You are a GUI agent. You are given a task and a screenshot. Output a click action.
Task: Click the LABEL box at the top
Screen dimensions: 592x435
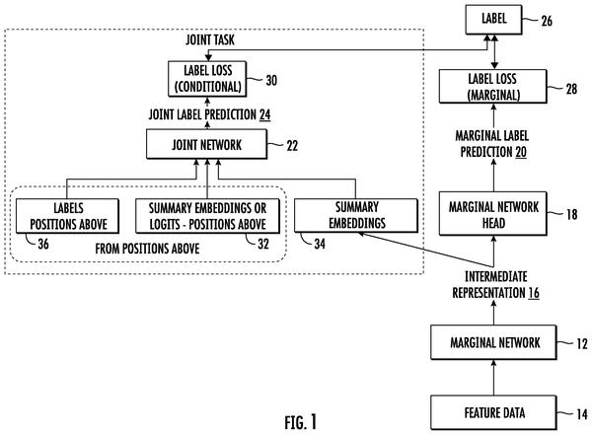pos(493,20)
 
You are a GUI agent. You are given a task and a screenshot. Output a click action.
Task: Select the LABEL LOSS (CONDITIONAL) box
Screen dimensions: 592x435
pos(207,79)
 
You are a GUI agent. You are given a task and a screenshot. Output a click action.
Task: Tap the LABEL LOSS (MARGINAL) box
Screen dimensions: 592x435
pos(492,87)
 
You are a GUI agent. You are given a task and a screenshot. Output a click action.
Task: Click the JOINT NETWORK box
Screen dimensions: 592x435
pos(207,144)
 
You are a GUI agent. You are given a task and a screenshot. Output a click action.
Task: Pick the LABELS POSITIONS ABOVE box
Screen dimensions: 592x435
pos(67,216)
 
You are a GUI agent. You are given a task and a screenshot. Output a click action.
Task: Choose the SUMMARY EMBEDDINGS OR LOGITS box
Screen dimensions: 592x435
pos(207,216)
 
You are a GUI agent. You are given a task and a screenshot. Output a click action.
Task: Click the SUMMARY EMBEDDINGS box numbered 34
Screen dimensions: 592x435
pos(356,215)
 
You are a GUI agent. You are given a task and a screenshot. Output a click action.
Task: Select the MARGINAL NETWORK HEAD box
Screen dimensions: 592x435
pos(493,214)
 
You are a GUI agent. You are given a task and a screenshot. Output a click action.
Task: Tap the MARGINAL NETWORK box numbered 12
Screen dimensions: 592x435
pos(493,342)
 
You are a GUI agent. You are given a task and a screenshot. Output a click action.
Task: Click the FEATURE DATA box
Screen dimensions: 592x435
pos(493,412)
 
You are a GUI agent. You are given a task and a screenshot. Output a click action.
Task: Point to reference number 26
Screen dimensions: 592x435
pos(547,21)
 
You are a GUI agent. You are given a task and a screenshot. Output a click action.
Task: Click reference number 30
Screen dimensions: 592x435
pos(271,80)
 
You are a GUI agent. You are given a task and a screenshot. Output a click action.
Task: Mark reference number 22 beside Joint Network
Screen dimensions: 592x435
pos(292,146)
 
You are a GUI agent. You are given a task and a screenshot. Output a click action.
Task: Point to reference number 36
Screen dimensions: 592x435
pos(43,244)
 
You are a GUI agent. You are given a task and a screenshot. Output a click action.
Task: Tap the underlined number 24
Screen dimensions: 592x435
pos(265,114)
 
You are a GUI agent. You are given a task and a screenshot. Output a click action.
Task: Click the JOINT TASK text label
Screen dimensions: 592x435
pos(210,39)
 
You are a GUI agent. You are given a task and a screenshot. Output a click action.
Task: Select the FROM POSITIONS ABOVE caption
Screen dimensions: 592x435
pos(147,249)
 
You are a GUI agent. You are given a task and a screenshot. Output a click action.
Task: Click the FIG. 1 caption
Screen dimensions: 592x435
pos(301,422)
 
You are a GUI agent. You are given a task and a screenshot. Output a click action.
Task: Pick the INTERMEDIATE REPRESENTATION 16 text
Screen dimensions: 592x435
pos(495,285)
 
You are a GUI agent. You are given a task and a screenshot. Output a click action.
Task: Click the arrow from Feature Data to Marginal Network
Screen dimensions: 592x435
pos(493,378)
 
